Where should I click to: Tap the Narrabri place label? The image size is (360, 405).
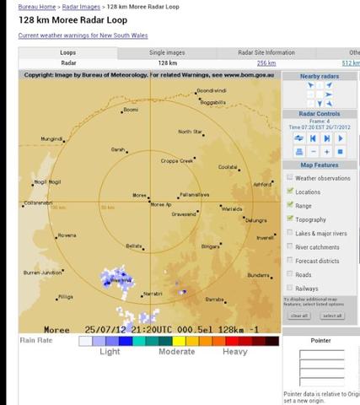click(152, 294)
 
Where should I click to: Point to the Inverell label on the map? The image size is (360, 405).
click(266, 238)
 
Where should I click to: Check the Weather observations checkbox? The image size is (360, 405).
click(290, 178)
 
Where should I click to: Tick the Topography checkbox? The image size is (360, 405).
click(290, 219)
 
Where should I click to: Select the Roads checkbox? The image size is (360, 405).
click(290, 274)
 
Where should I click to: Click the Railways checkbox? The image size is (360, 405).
click(290, 289)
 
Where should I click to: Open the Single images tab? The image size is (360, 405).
click(168, 52)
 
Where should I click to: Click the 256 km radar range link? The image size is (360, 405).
click(266, 62)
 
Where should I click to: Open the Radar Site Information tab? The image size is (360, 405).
click(266, 52)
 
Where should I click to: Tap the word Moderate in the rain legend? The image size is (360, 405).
click(176, 351)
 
